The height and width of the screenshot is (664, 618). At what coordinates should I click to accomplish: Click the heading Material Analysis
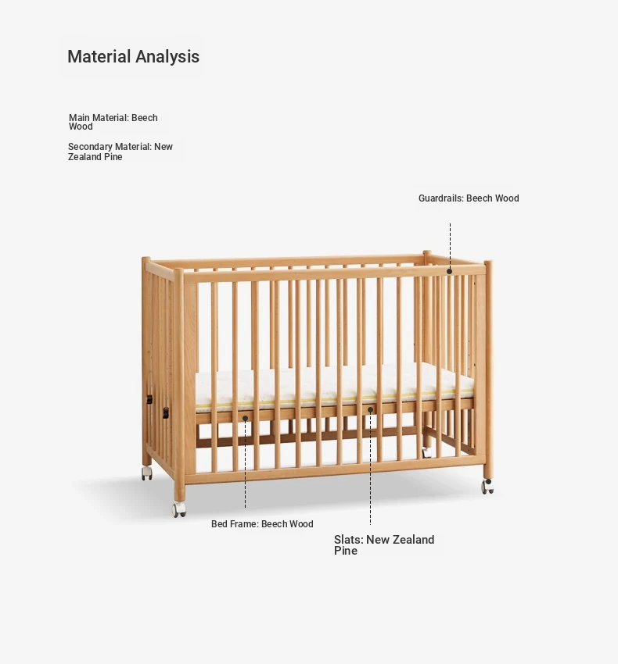pyautogui.click(x=133, y=56)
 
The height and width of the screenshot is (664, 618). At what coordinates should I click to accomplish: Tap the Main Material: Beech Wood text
pyautogui.click(x=113, y=122)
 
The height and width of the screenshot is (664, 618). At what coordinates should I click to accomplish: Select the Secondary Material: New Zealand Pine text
pyautogui.click(x=120, y=152)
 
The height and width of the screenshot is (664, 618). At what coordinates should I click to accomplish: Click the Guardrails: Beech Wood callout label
pyautogui.click(x=469, y=198)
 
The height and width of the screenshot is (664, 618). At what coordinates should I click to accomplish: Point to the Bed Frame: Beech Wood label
pyautogui.click(x=262, y=524)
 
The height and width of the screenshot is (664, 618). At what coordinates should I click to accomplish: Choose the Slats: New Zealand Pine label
pyautogui.click(x=384, y=545)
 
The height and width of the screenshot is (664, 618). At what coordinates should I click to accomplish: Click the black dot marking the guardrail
pyautogui.click(x=449, y=271)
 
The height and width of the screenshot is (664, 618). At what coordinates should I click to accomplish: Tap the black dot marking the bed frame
pyautogui.click(x=245, y=419)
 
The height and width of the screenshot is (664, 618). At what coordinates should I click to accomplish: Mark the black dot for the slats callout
pyautogui.click(x=370, y=410)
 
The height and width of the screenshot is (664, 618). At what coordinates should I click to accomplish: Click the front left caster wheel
pyautogui.click(x=179, y=509)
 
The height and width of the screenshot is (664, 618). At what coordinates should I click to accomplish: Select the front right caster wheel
pyautogui.click(x=488, y=487)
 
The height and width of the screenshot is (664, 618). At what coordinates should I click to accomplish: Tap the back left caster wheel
pyautogui.click(x=147, y=473)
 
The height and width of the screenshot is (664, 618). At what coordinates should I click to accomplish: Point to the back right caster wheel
pyautogui.click(x=426, y=452)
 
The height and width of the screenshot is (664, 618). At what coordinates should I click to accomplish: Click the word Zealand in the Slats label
pyautogui.click(x=414, y=540)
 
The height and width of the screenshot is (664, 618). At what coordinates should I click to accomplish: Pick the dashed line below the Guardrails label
pyautogui.click(x=450, y=245)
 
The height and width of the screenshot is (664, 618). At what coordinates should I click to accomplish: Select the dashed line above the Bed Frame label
pyautogui.click(x=245, y=465)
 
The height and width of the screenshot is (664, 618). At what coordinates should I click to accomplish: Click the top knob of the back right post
pyautogui.click(x=427, y=253)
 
